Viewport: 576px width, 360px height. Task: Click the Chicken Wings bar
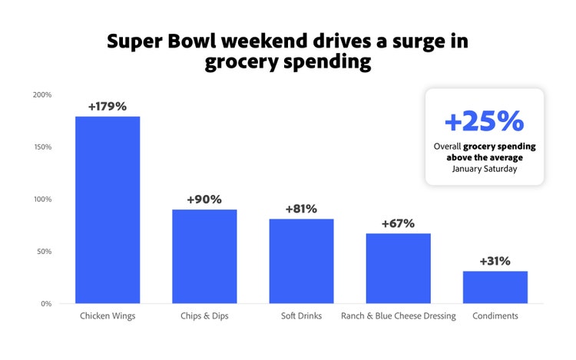(x=107, y=210)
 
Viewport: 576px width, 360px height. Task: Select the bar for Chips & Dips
(x=204, y=256)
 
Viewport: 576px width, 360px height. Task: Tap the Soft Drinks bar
(x=301, y=261)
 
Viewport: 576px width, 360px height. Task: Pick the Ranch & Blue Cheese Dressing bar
(x=398, y=268)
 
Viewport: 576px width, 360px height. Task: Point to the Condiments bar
(x=495, y=287)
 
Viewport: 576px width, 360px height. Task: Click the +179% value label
(x=107, y=106)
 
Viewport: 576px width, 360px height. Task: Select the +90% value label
(x=204, y=200)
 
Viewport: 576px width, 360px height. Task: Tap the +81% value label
(x=301, y=209)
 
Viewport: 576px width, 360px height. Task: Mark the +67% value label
(x=398, y=223)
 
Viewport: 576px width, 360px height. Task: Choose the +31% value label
(x=495, y=261)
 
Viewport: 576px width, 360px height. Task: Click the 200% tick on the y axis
(x=42, y=94)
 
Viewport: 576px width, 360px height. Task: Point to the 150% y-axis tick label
(x=42, y=147)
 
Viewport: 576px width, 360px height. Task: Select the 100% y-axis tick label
(x=42, y=199)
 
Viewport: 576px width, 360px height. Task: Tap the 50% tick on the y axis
(x=44, y=251)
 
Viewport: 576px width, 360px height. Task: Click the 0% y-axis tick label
(x=46, y=303)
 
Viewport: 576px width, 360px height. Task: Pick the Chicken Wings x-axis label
(x=107, y=316)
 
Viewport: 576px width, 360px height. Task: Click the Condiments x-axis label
(x=495, y=316)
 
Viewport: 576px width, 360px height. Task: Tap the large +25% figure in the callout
(x=484, y=121)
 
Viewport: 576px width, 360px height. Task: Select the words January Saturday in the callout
(x=484, y=169)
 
